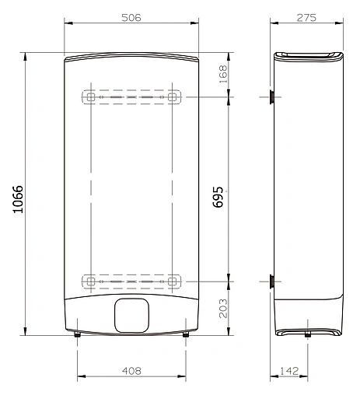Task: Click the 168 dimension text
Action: pyautogui.click(x=223, y=75)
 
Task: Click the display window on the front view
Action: pyautogui.click(x=131, y=315)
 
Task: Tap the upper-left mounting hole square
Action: pyautogui.click(x=90, y=98)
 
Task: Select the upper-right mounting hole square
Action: pyautogui.click(x=173, y=98)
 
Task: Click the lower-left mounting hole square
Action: pyautogui.click(x=90, y=280)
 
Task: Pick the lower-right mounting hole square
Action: pyautogui.click(x=173, y=280)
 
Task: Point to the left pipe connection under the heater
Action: pyautogui.click(x=78, y=335)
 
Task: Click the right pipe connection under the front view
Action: pyautogui.click(x=185, y=335)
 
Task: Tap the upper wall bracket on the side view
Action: pyautogui.click(x=271, y=97)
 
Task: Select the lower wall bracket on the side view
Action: pyautogui.click(x=271, y=281)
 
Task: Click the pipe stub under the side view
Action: pyautogui.click(x=309, y=335)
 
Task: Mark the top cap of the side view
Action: pyautogui.click(x=309, y=56)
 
